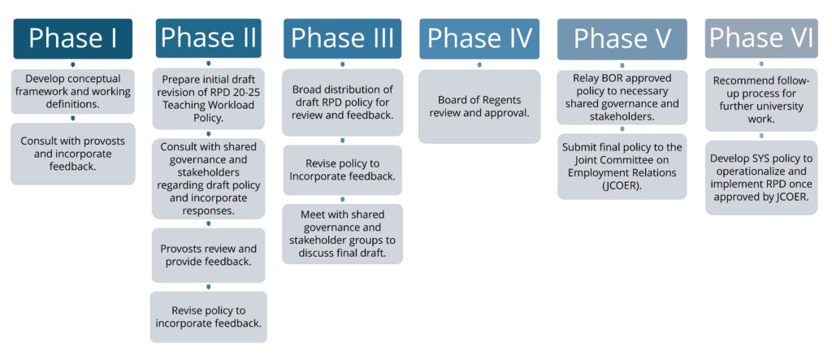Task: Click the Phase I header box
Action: [72, 39]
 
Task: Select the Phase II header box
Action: [209, 38]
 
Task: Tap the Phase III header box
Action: [342, 38]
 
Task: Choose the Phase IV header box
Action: [479, 39]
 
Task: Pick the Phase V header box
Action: [622, 39]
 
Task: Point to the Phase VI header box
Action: [761, 38]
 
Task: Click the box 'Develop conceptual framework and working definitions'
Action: [72, 91]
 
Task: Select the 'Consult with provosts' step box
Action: [72, 154]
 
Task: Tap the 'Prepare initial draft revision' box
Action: [209, 99]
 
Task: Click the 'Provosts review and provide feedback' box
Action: [209, 255]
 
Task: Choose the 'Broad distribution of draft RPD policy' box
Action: [342, 102]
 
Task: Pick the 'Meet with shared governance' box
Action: [342, 234]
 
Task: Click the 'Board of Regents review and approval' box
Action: [479, 106]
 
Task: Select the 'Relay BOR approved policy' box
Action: [622, 98]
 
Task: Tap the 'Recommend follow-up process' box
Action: [761, 100]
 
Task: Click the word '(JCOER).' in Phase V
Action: [622, 185]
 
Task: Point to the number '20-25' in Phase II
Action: [245, 93]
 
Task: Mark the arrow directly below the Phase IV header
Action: [479, 65]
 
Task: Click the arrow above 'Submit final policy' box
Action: [622, 129]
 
